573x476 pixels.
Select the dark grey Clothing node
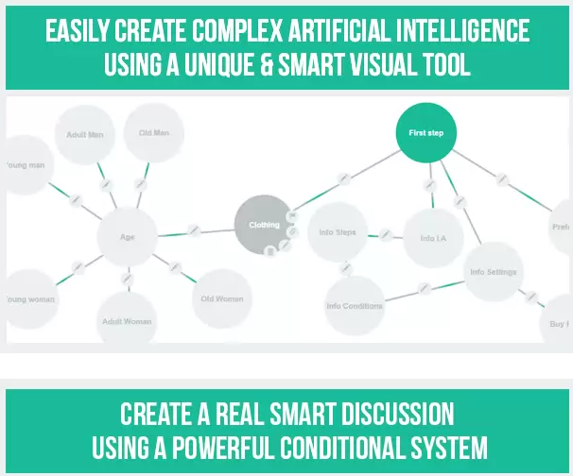(x=264, y=226)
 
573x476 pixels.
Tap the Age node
(x=127, y=238)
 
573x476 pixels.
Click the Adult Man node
(x=84, y=135)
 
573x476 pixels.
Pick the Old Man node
(x=154, y=133)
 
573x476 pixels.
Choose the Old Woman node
(x=222, y=298)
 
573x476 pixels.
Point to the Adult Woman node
(x=127, y=321)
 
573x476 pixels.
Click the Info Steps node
(x=338, y=231)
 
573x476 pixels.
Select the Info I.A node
(x=433, y=238)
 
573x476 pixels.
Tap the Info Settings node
(x=494, y=272)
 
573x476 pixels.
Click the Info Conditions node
(x=355, y=305)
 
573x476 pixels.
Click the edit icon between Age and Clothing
(x=193, y=229)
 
